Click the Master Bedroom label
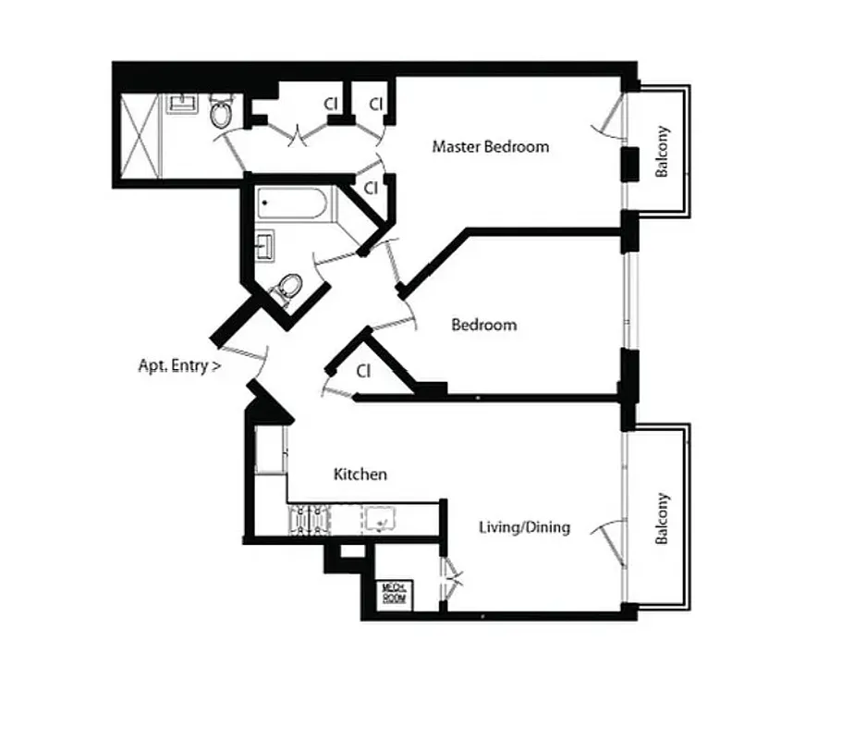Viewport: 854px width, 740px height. (491, 146)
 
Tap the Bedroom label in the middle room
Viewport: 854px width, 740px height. (483, 325)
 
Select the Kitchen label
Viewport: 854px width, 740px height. (360, 475)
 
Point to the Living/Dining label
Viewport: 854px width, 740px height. (524, 527)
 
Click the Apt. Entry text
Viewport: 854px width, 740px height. (179, 365)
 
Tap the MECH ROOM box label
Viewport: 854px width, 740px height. (395, 594)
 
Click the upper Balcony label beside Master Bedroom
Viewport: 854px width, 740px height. (662, 152)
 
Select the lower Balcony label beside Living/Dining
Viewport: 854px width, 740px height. (662, 519)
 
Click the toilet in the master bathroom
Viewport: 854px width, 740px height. (221, 113)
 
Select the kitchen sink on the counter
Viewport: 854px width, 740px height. (379, 520)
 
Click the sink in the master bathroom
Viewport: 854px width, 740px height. (181, 103)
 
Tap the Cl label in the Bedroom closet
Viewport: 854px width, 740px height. (363, 371)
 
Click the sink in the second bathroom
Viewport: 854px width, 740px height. (265, 245)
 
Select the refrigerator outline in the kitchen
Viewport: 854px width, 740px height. (269, 450)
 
